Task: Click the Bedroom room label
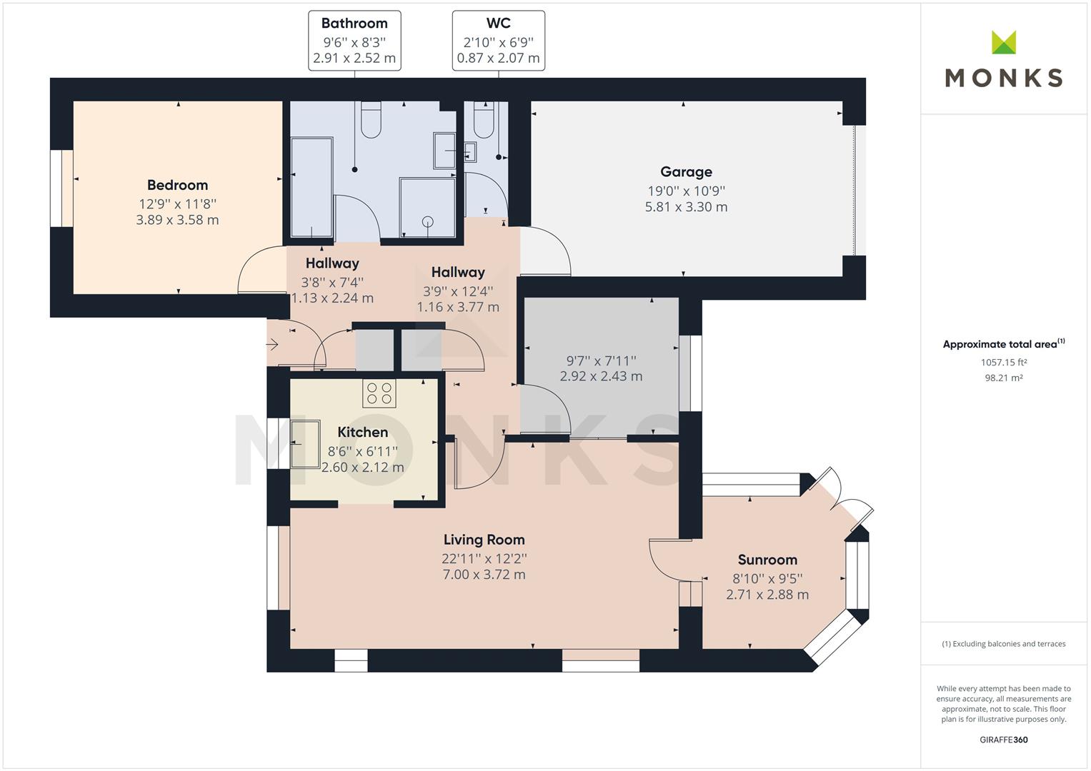coord(177,185)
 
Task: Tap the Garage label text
coord(686,172)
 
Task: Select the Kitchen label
coord(362,432)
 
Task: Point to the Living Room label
coord(484,540)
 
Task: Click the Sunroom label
coord(767,560)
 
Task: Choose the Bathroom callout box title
coord(354,24)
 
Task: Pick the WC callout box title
coord(498,24)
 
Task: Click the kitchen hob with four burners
coord(379,393)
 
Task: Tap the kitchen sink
coord(305,444)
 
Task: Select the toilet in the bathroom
coord(371,120)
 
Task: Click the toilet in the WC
coord(484,120)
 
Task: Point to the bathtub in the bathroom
coord(312,188)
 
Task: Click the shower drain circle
coord(428,222)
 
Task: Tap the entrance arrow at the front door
coord(271,345)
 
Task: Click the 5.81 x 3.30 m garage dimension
coord(686,207)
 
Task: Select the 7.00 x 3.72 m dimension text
coord(484,575)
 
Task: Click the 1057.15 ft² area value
coord(1003,362)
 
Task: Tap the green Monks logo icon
coord(1004,42)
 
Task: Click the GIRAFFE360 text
coord(1003,740)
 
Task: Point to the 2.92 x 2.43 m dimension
coord(601,376)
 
